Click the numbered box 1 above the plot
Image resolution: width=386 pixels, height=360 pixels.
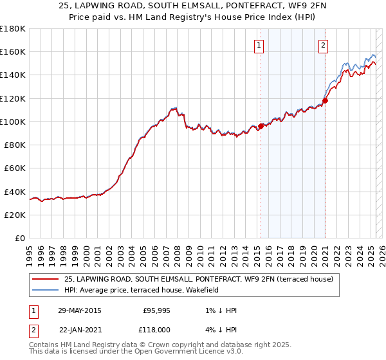(258, 45)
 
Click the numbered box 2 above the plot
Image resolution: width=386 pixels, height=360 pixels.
(322, 45)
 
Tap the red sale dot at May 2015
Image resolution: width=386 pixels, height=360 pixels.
(261, 126)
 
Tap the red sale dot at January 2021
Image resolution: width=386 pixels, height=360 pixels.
(326, 100)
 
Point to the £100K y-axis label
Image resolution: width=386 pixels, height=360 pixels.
(14, 122)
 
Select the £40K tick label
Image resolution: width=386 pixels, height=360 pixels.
(15, 192)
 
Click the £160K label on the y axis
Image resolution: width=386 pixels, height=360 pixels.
(14, 51)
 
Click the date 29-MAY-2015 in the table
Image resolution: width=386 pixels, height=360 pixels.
(79, 310)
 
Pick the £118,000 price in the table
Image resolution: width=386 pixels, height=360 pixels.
(156, 328)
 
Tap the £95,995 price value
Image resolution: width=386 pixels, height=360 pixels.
(156, 310)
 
